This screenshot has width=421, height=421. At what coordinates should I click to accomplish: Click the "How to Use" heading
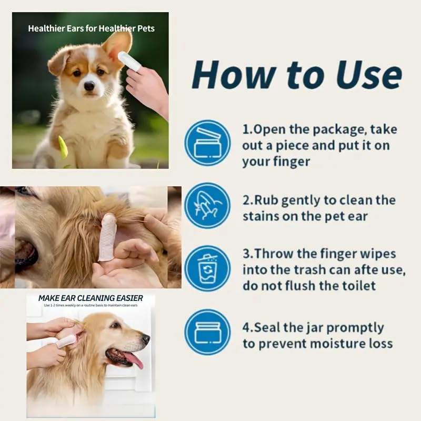297,75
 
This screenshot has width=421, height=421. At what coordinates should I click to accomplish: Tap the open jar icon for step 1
207,143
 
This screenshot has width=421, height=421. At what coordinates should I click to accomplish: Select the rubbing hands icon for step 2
207,205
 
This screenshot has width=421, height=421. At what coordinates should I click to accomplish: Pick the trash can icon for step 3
207,268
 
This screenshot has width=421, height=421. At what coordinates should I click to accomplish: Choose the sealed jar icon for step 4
207,332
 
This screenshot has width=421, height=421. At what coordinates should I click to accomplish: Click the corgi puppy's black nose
89,86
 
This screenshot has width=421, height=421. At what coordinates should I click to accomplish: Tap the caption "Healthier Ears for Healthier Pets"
91,28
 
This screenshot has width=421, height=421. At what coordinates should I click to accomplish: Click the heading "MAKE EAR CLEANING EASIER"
91,298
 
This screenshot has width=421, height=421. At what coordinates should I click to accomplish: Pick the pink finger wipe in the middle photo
107,237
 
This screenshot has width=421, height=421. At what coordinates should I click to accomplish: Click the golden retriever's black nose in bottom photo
146,339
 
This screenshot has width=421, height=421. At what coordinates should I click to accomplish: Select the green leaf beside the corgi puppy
63,147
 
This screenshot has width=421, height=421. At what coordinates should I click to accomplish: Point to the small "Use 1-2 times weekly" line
91,306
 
